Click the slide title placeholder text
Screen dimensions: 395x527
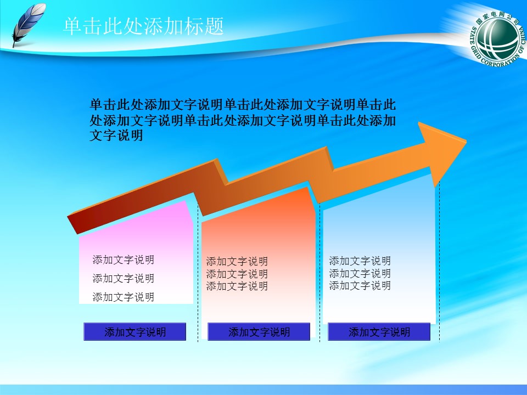[x=144, y=26]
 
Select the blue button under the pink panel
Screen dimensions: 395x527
[x=135, y=331]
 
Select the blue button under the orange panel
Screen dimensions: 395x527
[x=259, y=331]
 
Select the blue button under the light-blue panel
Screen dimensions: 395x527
[x=379, y=331]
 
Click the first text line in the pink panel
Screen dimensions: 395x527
[x=124, y=260]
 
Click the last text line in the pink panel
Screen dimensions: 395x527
[x=124, y=297]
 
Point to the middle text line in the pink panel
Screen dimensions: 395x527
[x=124, y=279]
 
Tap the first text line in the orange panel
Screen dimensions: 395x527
[x=237, y=262]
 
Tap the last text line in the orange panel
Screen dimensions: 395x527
[x=237, y=286]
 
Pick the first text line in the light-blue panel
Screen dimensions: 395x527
[x=360, y=261]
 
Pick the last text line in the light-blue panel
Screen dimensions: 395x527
[x=360, y=285]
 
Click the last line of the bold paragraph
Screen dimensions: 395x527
[x=116, y=136]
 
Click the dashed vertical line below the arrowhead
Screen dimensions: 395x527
[x=439, y=263]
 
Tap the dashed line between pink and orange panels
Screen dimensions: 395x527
[x=198, y=274]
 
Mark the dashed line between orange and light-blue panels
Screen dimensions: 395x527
[x=319, y=274]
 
